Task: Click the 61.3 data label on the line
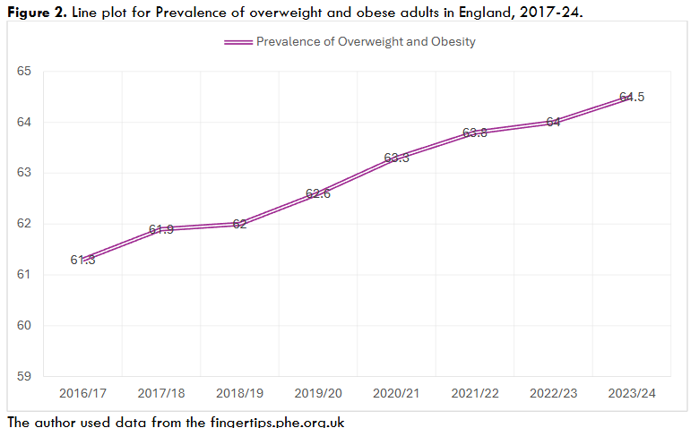click(82, 260)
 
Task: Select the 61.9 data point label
click(161, 229)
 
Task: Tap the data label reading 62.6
click(318, 193)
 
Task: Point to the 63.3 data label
click(396, 158)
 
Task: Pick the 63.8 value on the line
click(475, 133)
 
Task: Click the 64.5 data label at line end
click(632, 97)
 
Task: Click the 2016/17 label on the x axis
click(82, 393)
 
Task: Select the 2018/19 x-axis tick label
click(239, 393)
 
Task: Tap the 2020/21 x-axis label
click(396, 393)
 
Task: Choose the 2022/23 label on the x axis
click(553, 393)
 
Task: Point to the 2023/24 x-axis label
click(632, 393)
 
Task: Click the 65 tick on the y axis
click(24, 72)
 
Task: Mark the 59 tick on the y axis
click(24, 376)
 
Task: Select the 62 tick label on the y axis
click(24, 224)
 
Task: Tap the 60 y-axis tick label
click(24, 325)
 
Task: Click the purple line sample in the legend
click(237, 42)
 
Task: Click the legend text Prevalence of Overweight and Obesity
click(366, 42)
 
